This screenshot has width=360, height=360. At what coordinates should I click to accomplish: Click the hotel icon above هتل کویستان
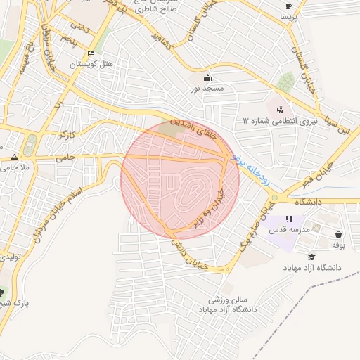click(x=90, y=53)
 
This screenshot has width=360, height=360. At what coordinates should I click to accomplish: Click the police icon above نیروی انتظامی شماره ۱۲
click(x=281, y=110)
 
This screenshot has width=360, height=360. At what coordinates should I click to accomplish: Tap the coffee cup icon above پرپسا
click(x=288, y=6)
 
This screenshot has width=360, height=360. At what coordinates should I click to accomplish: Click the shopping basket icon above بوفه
click(x=339, y=234)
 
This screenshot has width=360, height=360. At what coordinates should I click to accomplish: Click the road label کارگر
click(x=68, y=132)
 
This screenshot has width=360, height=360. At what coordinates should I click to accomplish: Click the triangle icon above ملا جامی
click(x=15, y=156)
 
